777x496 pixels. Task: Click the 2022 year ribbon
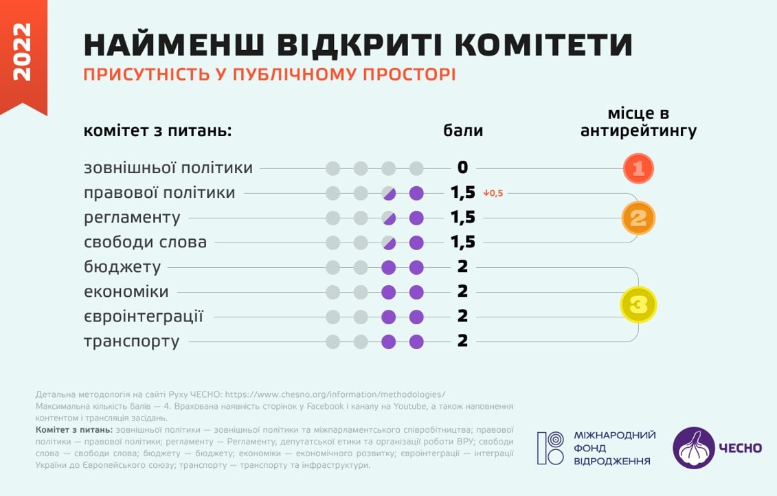tap(23, 52)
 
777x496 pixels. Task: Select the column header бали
tap(462, 131)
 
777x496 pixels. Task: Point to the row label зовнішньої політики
tap(168, 168)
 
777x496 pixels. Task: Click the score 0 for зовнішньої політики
tap(462, 168)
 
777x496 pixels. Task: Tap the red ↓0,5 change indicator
tap(493, 193)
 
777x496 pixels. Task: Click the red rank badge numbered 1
tap(638, 168)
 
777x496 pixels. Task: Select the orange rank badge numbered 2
tap(638, 218)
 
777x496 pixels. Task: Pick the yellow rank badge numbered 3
tap(638, 304)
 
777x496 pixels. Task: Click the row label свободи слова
tap(145, 242)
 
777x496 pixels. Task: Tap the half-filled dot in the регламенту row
tap(389, 218)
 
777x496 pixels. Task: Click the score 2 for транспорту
tap(462, 341)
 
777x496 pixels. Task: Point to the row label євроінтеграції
tap(144, 316)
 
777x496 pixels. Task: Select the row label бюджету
tap(122, 267)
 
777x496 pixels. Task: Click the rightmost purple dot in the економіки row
tap(416, 291)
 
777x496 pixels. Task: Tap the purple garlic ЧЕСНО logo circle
tap(693, 448)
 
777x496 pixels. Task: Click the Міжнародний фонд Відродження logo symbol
tap(550, 448)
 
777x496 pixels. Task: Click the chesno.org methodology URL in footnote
tap(335, 394)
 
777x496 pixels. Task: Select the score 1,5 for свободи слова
tap(462, 242)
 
